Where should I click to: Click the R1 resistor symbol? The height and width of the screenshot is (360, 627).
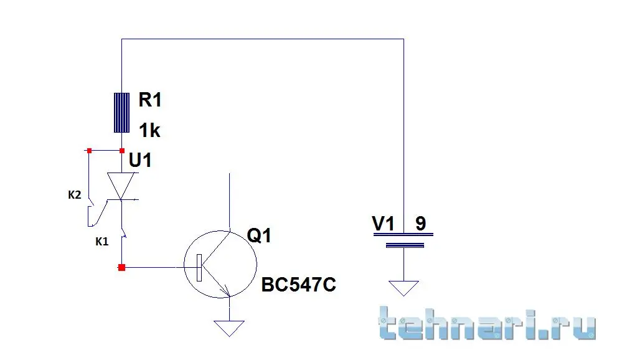[121, 112]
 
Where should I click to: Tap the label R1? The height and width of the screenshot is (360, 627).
[150, 100]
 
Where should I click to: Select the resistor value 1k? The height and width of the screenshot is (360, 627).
[149, 130]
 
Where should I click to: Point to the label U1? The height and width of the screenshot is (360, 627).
[140, 161]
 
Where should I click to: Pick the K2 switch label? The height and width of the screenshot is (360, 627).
[74, 195]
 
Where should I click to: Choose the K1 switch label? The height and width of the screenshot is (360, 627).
[102, 241]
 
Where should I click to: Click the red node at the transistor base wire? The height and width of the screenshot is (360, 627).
[121, 267]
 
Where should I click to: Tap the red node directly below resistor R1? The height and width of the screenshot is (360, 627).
[122, 150]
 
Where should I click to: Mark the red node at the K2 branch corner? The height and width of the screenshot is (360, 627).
[89, 150]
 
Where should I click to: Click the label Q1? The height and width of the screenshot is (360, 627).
[259, 235]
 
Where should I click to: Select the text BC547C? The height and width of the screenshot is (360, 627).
[299, 285]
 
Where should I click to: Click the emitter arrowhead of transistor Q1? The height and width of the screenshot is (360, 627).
[227, 291]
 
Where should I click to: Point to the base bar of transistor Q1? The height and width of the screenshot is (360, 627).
[199, 267]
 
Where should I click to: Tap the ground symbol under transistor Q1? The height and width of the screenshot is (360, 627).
[229, 328]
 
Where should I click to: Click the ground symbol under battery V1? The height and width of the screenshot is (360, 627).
[403, 288]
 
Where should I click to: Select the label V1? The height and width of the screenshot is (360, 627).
[384, 223]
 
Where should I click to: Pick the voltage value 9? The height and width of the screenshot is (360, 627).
[421, 223]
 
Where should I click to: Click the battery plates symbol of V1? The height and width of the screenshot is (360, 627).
[403, 240]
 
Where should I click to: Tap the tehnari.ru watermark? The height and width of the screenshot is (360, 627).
[487, 323]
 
